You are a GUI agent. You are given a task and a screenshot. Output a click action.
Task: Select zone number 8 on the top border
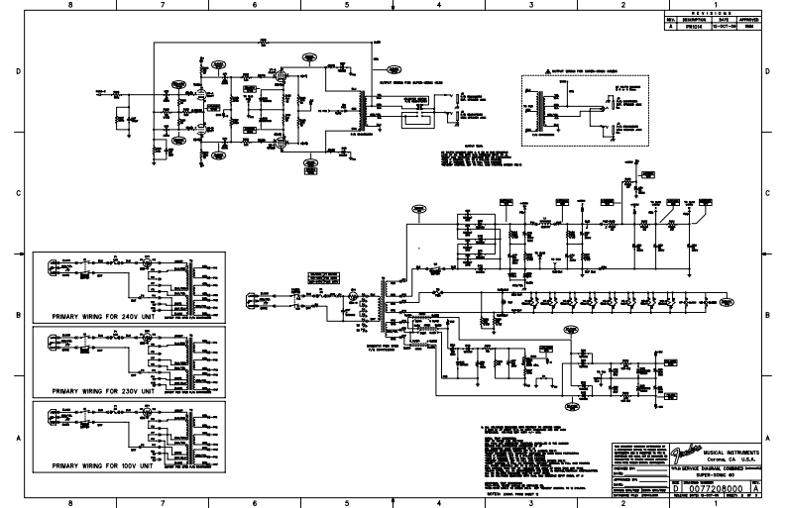click(69, 6)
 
